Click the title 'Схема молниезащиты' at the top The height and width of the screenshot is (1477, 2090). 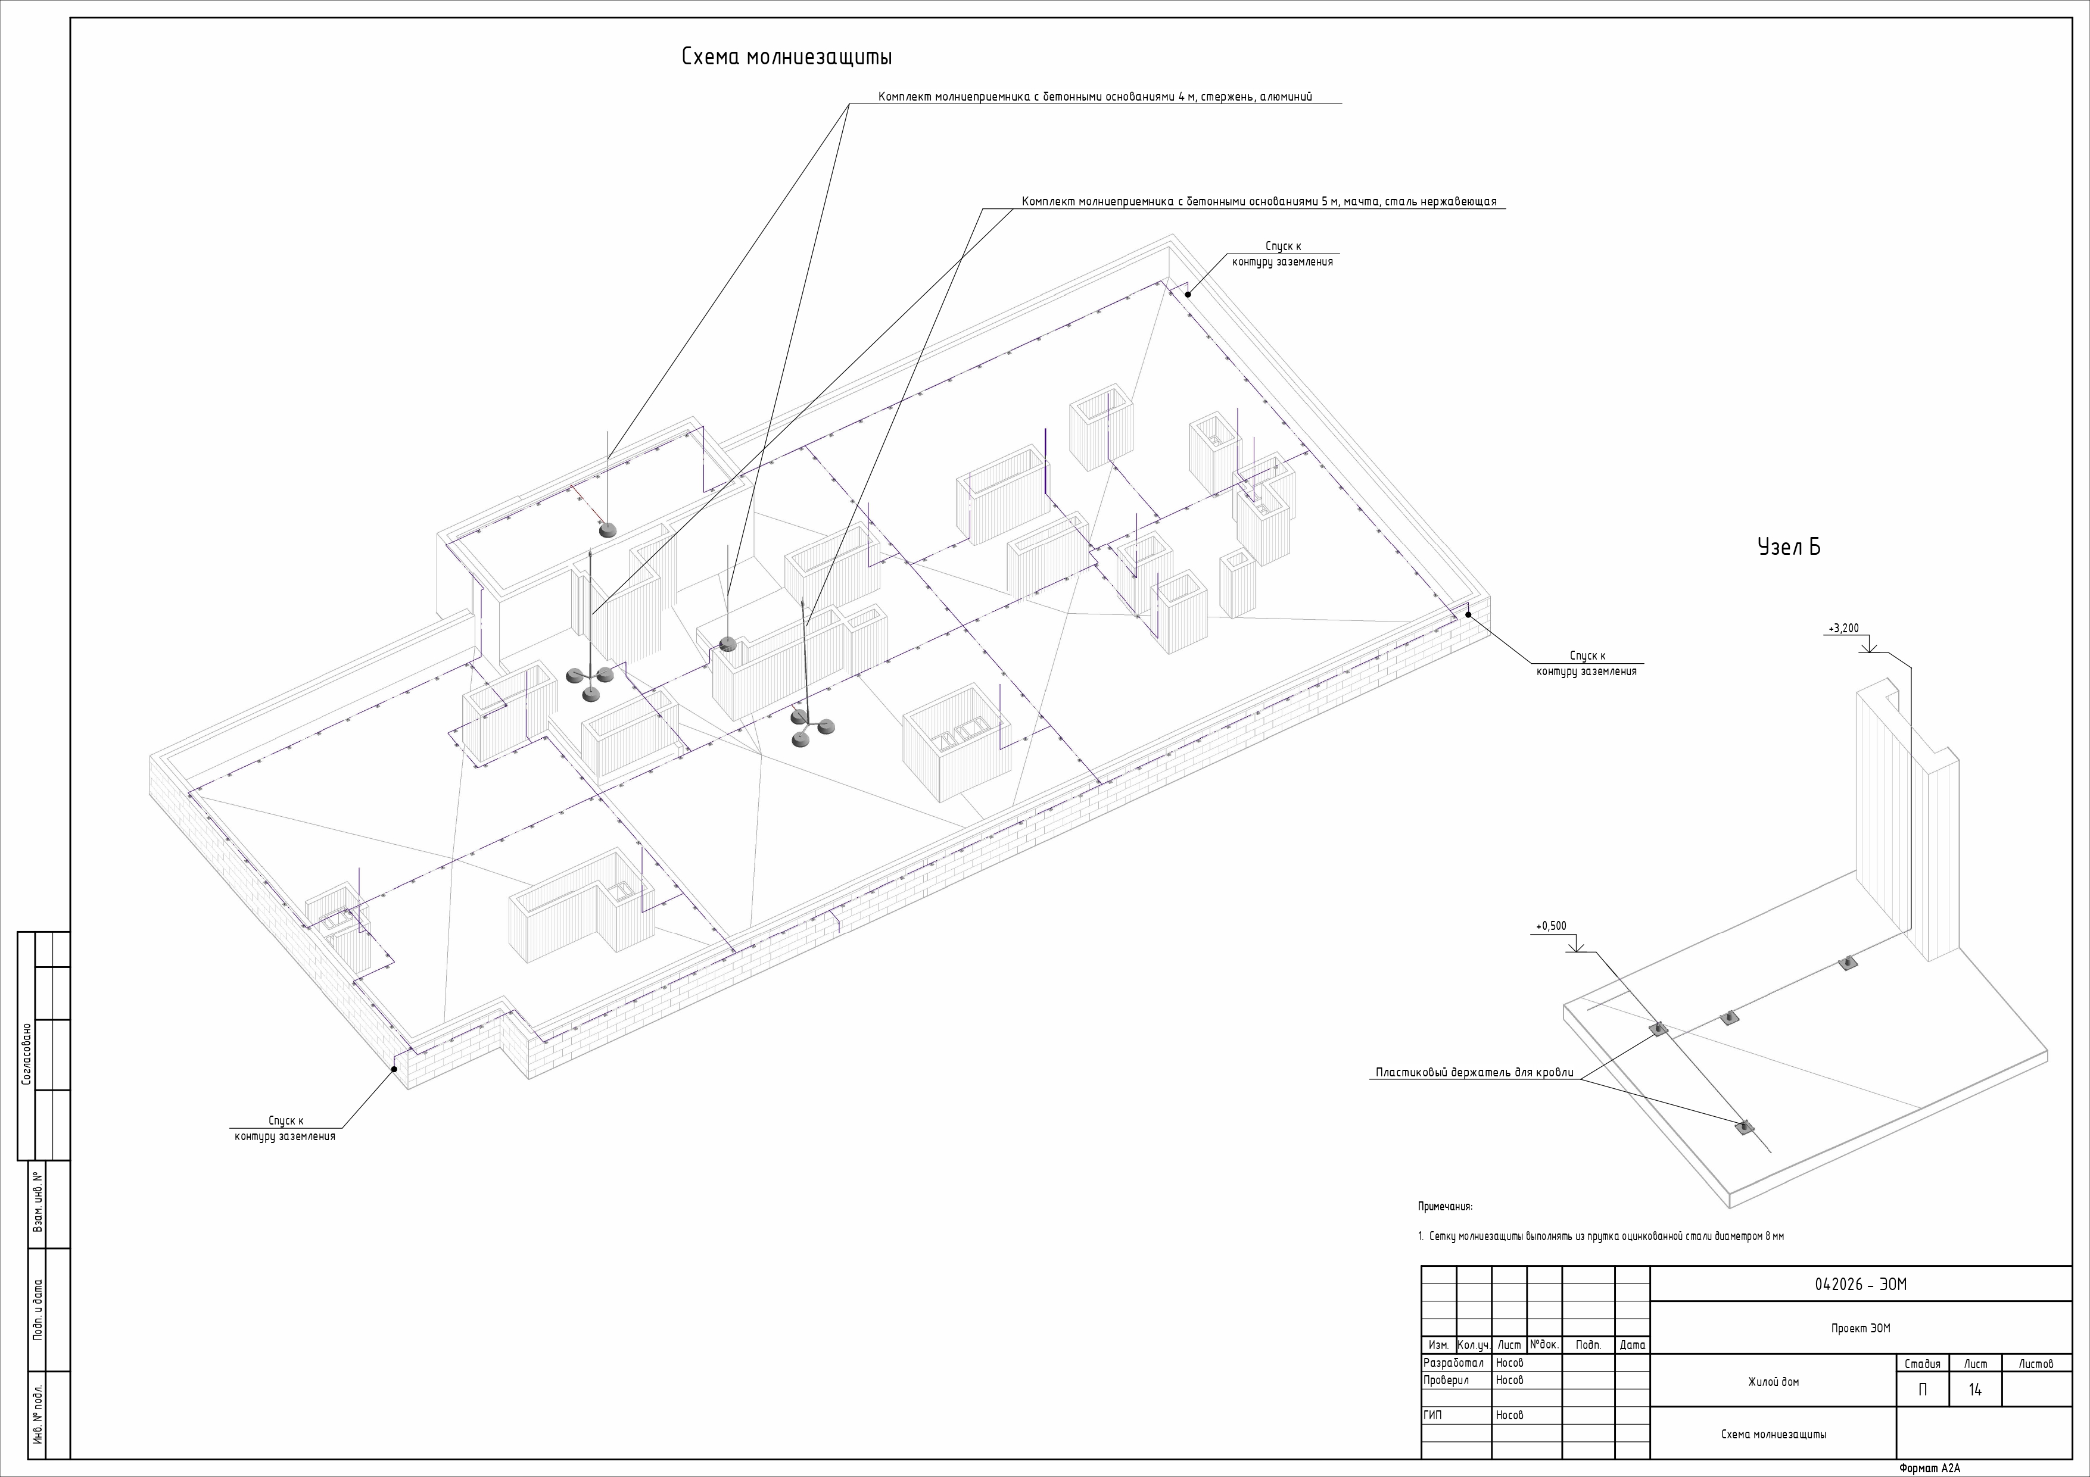(786, 57)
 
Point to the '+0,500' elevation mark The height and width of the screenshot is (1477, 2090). (1551, 926)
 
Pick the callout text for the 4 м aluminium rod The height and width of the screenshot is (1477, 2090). (1095, 96)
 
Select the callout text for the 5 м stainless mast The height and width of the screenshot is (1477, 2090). (1259, 201)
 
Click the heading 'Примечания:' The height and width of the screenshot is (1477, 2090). (1444, 1207)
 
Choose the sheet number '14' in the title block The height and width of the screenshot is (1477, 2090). (1974, 1389)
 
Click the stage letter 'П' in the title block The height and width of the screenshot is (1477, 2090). (1921, 1389)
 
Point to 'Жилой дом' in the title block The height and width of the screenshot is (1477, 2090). (1773, 1381)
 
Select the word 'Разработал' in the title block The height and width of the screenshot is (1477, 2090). (1453, 1363)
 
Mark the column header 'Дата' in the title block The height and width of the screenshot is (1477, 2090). (1632, 1345)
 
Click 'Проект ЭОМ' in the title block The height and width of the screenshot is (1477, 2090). (1861, 1329)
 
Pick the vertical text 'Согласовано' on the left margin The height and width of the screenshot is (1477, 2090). (26, 1054)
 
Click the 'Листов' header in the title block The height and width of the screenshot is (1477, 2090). (2035, 1363)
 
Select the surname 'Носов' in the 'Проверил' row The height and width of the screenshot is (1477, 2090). (1509, 1381)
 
